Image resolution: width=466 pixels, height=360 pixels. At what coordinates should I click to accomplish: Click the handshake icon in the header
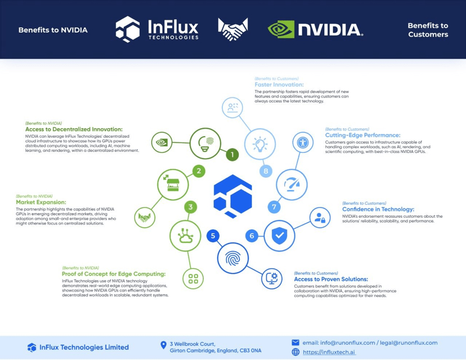click(232, 29)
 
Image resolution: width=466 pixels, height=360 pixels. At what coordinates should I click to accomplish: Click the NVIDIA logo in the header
click(315, 29)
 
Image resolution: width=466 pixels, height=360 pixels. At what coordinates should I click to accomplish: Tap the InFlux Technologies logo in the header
click(157, 29)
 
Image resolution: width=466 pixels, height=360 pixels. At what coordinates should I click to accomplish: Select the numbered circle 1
click(232, 154)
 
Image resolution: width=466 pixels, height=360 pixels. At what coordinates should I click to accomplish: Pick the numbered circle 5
click(213, 236)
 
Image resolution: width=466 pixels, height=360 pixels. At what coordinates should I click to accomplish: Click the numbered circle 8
click(266, 171)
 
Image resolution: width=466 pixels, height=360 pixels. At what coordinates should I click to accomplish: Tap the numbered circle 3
click(191, 207)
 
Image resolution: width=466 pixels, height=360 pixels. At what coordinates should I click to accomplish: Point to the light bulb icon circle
click(260, 144)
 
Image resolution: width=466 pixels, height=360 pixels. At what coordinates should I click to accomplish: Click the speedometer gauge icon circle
click(292, 184)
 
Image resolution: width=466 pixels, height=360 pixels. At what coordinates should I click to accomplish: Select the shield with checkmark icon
click(279, 235)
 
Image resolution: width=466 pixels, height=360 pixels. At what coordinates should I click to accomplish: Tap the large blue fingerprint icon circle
click(233, 258)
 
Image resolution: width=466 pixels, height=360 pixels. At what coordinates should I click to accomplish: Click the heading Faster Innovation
click(280, 85)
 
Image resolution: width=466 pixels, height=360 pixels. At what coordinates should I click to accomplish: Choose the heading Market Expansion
click(41, 202)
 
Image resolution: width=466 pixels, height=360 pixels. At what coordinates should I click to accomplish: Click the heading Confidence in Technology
click(378, 209)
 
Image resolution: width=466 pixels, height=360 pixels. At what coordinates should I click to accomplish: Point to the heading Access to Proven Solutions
click(331, 279)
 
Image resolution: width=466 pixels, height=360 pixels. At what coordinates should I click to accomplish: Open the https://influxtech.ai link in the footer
click(329, 352)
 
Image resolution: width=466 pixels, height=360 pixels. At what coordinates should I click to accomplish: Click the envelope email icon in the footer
click(295, 343)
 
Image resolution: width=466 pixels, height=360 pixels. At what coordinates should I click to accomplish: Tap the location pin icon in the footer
click(164, 345)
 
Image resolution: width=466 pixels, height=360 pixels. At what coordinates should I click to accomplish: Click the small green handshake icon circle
click(145, 217)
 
